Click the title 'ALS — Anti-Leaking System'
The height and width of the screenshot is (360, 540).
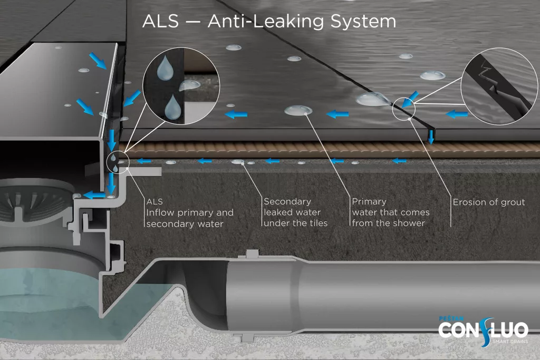pyautogui.click(x=269, y=22)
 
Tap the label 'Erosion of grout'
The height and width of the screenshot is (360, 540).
pyautogui.click(x=488, y=202)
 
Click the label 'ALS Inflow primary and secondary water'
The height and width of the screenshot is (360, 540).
pyautogui.click(x=189, y=212)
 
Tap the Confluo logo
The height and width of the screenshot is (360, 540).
pyautogui.click(x=483, y=329)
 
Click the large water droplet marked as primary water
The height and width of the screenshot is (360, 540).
pyautogui.click(x=298, y=110)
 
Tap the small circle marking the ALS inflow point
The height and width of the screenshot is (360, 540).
pyautogui.click(x=115, y=161)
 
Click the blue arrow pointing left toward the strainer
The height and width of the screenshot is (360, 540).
pyautogui.click(x=95, y=194)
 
